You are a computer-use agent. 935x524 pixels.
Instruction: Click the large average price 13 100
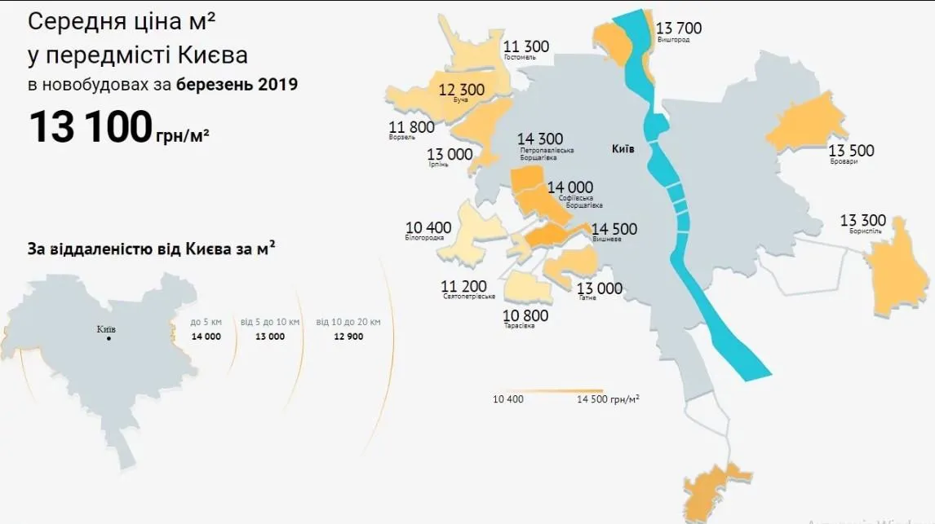coord(90,127)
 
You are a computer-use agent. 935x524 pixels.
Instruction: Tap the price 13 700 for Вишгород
coord(678,29)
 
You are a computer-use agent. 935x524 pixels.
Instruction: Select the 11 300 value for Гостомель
coord(526,46)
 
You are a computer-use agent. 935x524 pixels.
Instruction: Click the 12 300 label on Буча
coord(462,90)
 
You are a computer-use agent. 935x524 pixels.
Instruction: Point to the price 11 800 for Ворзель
coord(412,127)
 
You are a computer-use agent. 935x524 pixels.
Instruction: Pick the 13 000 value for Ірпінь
coord(450,154)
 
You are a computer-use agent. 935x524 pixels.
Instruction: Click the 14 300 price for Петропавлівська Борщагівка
coord(540,139)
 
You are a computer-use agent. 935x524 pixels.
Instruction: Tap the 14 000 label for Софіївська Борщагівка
coord(570,187)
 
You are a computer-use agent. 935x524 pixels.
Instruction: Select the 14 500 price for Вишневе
coord(614,230)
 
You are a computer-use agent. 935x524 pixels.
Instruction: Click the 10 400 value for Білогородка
coord(428,227)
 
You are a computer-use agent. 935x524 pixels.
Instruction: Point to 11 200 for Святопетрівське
coord(464,286)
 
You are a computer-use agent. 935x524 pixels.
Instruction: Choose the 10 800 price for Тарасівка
coord(525,315)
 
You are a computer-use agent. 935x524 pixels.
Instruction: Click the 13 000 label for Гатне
coord(600,288)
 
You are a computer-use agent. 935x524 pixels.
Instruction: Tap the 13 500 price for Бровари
coord(851,151)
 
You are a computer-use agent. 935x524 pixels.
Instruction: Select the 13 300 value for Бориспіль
coord(862,221)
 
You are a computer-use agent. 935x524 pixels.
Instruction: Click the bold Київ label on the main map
coord(623,149)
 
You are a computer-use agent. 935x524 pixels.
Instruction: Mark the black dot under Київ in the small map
coord(108,338)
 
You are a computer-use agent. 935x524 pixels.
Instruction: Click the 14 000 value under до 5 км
coord(206,337)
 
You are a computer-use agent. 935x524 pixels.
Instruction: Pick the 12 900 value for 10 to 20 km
coord(349,337)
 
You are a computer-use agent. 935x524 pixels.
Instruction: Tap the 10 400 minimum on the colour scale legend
coord(508,399)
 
